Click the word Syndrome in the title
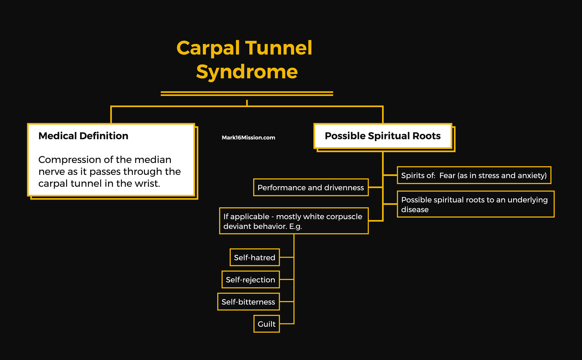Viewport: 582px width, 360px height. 247,72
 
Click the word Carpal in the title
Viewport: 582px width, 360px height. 208,48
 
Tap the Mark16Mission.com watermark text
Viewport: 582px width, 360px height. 248,138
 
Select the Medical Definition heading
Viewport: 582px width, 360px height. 83,136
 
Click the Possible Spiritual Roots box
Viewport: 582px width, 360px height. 383,136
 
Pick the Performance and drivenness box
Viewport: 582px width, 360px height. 311,188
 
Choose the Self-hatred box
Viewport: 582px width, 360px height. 255,258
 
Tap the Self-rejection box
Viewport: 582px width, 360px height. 251,280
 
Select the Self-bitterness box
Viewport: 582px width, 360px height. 248,302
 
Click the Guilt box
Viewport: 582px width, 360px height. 267,324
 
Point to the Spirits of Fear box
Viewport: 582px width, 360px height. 474,175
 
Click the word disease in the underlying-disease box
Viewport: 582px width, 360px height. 415,210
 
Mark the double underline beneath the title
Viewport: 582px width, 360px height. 247,94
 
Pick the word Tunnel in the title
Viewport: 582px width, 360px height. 278,48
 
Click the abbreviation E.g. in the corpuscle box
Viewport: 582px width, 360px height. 296,226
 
